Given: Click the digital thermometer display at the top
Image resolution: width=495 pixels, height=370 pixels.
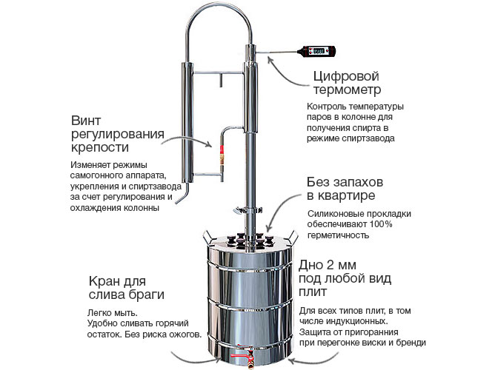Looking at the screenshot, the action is (318, 51).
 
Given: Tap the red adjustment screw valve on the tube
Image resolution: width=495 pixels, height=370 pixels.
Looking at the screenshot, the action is (222, 154).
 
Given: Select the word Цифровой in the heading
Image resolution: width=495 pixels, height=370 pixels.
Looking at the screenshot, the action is (345, 76).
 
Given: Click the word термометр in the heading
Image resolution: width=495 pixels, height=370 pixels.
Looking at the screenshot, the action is (347, 90).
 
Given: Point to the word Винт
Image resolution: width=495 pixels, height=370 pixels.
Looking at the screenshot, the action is (86, 121).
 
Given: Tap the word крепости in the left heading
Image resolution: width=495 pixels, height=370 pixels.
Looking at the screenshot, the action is (100, 147).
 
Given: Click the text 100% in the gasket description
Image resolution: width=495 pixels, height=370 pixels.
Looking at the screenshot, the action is (381, 224).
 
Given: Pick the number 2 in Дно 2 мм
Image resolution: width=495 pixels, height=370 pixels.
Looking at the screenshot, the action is (330, 265).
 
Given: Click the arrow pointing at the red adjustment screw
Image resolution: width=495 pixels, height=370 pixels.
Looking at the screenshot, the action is (187, 141).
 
